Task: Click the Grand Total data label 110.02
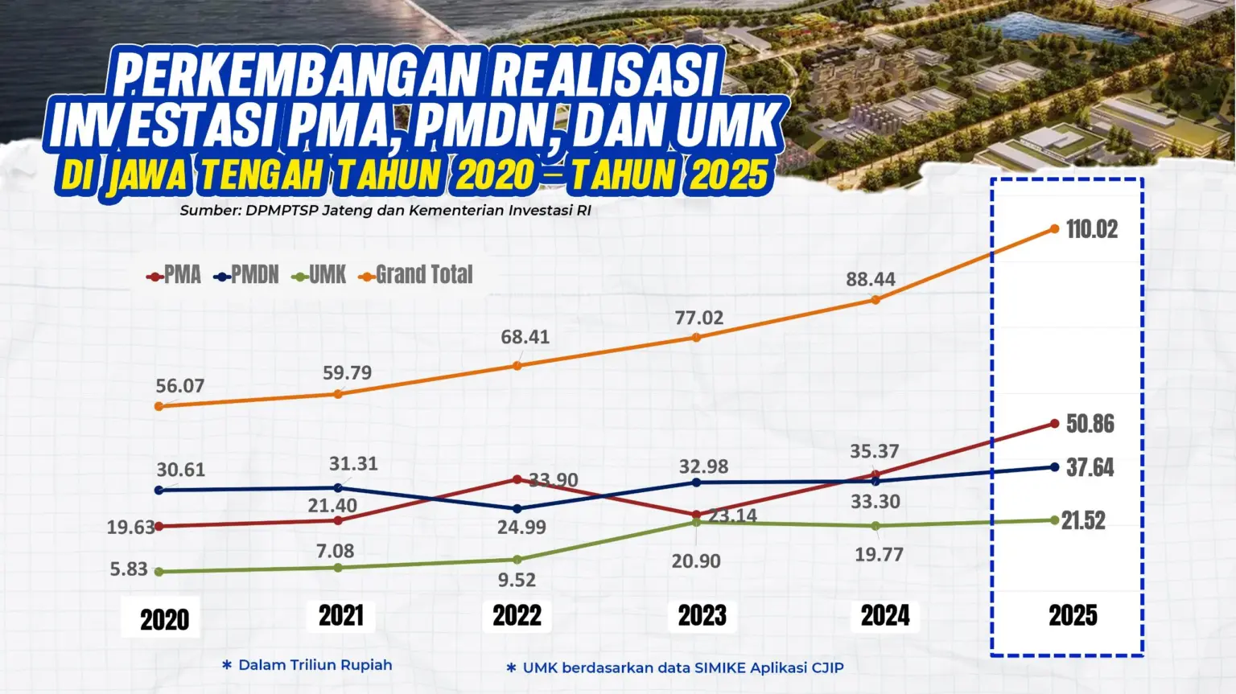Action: click(x=1092, y=229)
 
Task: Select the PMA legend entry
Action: click(x=175, y=275)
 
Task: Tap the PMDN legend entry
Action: click(x=247, y=275)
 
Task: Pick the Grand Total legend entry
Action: click(x=416, y=275)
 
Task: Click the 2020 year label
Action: click(x=165, y=619)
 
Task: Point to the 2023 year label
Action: click(x=702, y=616)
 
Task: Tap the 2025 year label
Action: click(x=1073, y=616)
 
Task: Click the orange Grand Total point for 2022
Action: click(x=517, y=366)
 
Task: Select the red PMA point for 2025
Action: click(x=1055, y=423)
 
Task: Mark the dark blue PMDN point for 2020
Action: click(x=159, y=490)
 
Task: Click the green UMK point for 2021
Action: click(x=338, y=568)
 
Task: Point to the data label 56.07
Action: click(x=180, y=386)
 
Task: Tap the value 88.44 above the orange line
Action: click(x=871, y=279)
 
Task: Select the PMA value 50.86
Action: click(x=1090, y=424)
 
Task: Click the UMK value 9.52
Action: click(x=517, y=580)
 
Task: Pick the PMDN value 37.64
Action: click(x=1090, y=468)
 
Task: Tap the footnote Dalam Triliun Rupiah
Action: click(x=315, y=665)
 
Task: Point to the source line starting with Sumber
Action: click(x=385, y=211)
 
